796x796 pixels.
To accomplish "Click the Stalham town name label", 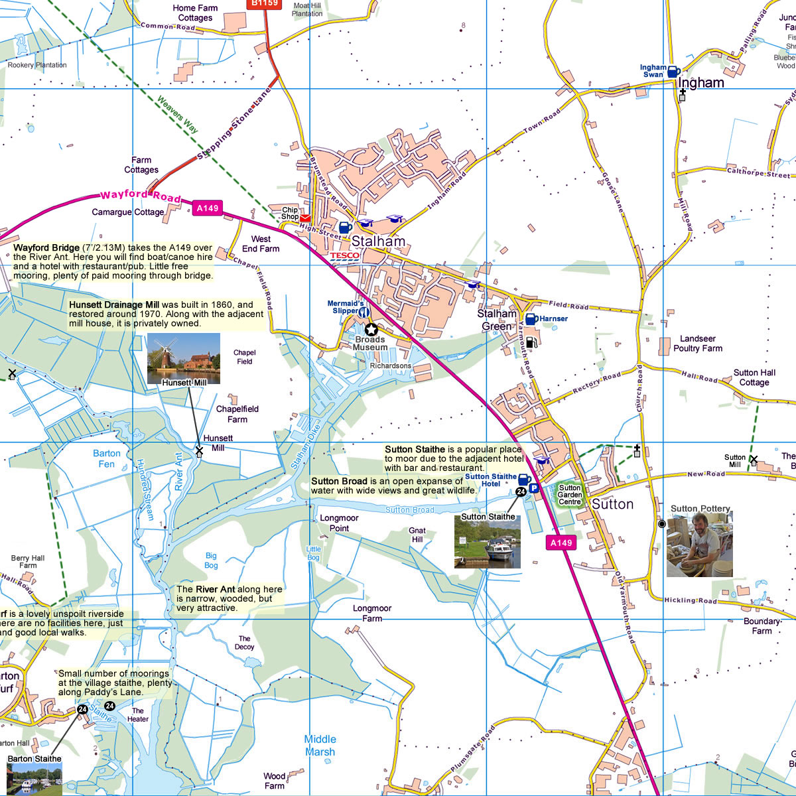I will (378, 241).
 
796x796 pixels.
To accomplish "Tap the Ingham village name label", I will (701, 83).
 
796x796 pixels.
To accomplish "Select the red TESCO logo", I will (345, 255).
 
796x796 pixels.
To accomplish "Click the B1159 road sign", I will (265, 4).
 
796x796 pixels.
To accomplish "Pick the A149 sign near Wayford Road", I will (207, 208).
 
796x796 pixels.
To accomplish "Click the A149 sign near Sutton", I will (561, 543).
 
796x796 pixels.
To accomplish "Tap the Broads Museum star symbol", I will (371, 329).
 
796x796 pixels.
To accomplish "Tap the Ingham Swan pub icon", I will (673, 72).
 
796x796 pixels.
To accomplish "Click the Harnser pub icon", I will (531, 319).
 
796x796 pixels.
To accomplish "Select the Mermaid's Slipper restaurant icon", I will (364, 311).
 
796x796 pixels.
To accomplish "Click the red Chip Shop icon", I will (305, 218).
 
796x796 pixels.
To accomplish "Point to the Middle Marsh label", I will (320, 746).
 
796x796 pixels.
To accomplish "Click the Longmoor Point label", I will (339, 523).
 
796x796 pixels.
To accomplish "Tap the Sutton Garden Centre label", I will (569, 494).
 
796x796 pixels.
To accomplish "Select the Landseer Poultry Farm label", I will (698, 344).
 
